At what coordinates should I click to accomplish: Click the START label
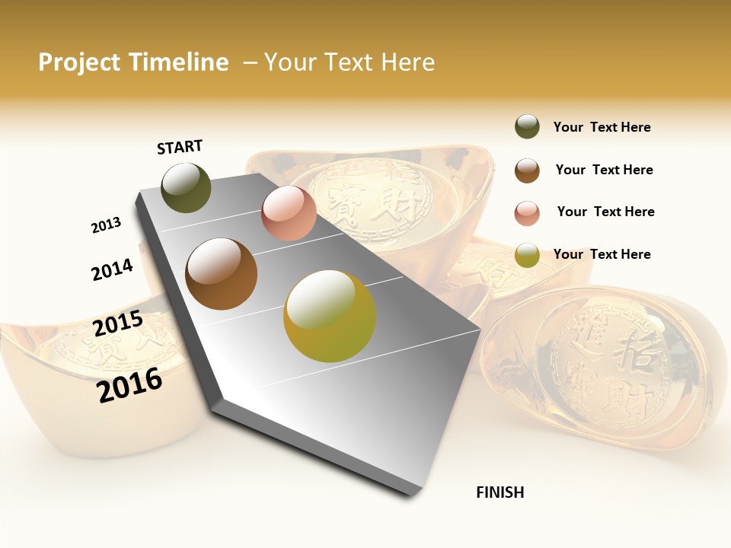point(180,147)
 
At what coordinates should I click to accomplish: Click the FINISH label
point(500,492)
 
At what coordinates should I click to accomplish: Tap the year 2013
point(106,225)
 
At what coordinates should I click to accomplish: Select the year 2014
point(112,269)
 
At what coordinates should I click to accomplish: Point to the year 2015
point(118,323)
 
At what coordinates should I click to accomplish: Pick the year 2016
point(129,384)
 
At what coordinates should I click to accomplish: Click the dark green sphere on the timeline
point(186,187)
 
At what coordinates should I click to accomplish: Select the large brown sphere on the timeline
point(221,274)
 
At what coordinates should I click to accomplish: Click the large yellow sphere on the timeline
point(329,316)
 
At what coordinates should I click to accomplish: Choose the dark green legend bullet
point(527,127)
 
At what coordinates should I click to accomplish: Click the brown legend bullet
point(527,170)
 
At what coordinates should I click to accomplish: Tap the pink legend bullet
point(527,213)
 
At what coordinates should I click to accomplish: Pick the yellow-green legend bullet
point(527,255)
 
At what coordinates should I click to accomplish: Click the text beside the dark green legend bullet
point(602,127)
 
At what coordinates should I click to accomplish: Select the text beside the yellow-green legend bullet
point(602,254)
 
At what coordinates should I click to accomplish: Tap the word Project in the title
point(79,62)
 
